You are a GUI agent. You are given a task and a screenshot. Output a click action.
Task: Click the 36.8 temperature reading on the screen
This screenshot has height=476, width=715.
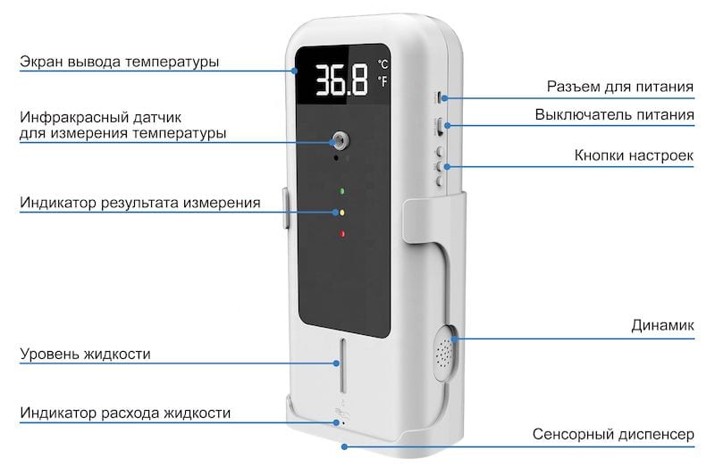[341, 80]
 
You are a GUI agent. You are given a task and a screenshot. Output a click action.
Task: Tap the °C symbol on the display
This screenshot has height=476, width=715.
[383, 63]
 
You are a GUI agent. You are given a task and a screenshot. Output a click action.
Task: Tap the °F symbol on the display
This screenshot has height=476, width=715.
[383, 81]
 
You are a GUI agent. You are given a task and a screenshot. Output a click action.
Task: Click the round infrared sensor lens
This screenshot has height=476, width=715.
[340, 140]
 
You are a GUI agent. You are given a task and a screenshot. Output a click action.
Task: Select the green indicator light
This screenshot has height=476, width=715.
[341, 191]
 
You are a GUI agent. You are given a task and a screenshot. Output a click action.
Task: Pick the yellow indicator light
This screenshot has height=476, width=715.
[341, 213]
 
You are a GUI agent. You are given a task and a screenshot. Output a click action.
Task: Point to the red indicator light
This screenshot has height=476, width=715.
[341, 234]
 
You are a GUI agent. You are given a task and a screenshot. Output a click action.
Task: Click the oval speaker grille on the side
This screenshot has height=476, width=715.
[444, 352]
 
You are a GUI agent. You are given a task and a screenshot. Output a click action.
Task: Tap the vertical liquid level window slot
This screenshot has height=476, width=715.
[342, 365]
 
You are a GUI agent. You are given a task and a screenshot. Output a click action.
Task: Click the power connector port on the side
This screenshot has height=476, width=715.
[439, 97]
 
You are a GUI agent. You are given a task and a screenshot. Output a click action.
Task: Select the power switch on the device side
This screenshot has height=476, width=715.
[440, 125]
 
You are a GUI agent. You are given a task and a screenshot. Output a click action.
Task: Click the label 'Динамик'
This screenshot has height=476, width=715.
[662, 325]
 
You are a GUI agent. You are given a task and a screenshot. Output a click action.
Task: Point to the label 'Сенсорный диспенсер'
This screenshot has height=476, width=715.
[613, 434]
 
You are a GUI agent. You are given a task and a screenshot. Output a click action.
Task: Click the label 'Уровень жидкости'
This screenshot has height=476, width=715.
[85, 354]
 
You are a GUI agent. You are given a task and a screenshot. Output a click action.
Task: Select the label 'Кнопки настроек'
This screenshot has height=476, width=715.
[634, 155]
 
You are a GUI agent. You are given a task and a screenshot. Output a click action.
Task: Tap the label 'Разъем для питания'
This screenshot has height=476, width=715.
[620, 87]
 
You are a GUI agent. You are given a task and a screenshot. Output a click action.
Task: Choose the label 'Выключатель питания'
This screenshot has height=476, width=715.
[614, 114]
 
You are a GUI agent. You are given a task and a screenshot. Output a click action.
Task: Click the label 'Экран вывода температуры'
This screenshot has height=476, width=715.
[120, 62]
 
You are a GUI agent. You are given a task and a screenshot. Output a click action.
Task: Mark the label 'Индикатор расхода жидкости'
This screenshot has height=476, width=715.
[125, 413]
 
